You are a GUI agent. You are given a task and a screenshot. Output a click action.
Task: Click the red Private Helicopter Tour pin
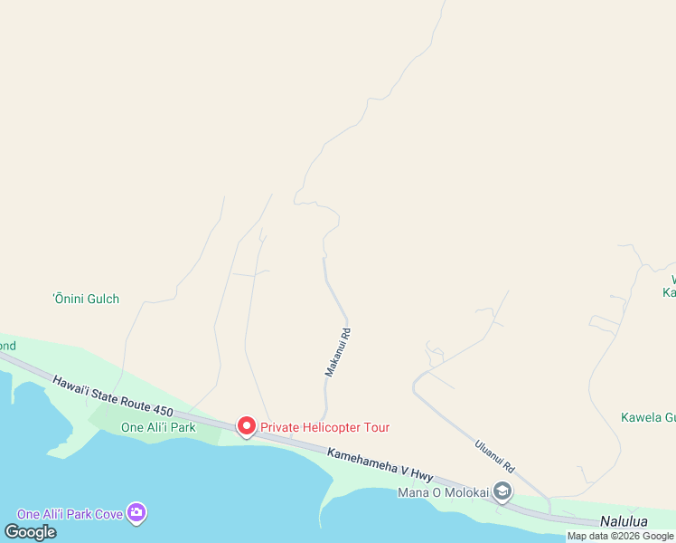245,425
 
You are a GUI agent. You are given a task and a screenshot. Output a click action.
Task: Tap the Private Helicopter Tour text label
325,427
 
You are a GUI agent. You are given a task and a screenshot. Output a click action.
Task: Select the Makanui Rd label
336,353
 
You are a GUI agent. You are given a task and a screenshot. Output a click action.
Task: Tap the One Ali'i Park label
158,427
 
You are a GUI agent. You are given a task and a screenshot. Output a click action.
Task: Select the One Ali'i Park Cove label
71,514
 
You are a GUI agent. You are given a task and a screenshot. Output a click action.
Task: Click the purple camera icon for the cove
136,513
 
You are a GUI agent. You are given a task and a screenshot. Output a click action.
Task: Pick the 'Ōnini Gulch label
86,299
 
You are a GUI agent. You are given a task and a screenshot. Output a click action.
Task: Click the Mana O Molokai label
443,492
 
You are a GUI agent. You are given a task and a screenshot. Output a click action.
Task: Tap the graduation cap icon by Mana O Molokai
502,492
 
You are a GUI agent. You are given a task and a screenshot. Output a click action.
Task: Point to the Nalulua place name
624,522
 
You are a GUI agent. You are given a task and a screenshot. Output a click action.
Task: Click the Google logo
31,531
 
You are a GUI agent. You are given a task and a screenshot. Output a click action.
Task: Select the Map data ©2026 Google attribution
620,536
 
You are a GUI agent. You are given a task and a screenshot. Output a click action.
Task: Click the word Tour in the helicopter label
374,427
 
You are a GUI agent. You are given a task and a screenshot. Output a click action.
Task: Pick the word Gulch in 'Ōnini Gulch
101,299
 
